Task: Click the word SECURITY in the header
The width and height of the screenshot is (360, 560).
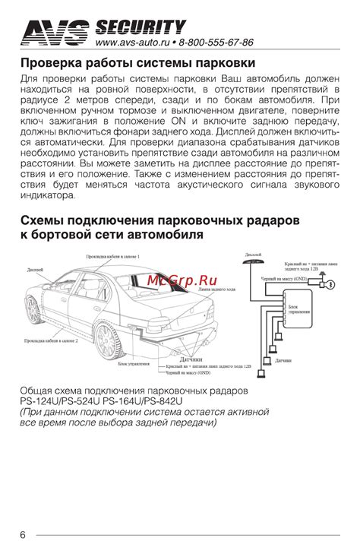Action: pyautogui.click(x=140, y=28)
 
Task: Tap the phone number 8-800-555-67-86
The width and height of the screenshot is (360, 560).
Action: pyautogui.click(x=217, y=43)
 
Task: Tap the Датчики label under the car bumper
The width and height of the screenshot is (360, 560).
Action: pyautogui.click(x=187, y=358)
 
